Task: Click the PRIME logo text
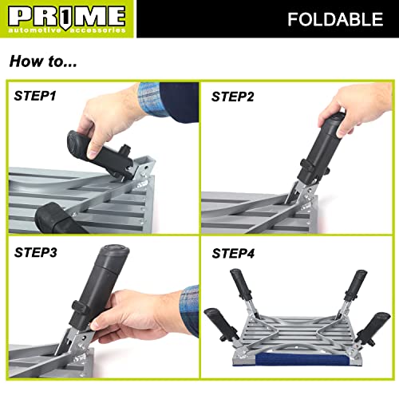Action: [65, 15]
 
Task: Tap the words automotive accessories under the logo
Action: [65, 30]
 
